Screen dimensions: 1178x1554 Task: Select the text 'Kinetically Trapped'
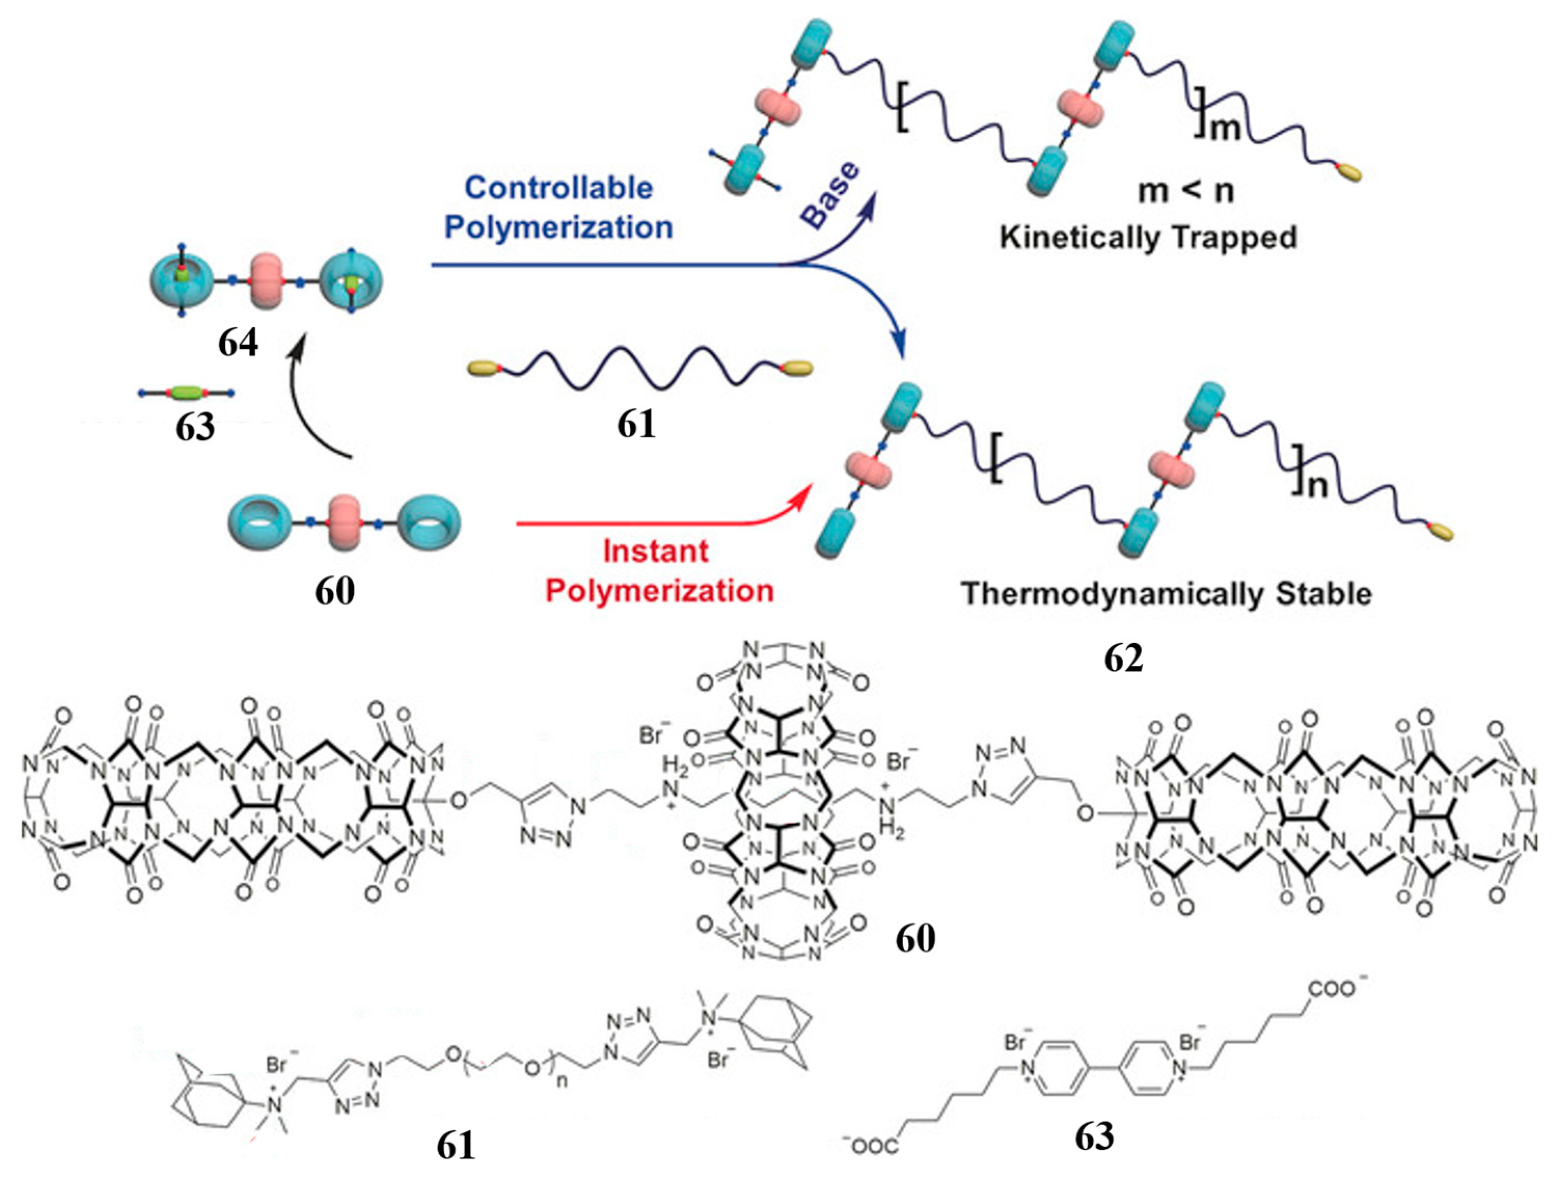tap(1148, 238)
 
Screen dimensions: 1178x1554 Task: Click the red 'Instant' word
tap(656, 552)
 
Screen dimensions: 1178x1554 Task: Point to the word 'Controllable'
tap(559, 188)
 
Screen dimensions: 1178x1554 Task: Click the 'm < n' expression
tap(1186, 191)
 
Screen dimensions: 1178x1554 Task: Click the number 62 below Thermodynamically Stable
tap(1123, 658)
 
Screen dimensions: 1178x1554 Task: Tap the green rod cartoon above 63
tap(187, 393)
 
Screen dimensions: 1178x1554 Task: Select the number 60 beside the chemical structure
tap(915, 938)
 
